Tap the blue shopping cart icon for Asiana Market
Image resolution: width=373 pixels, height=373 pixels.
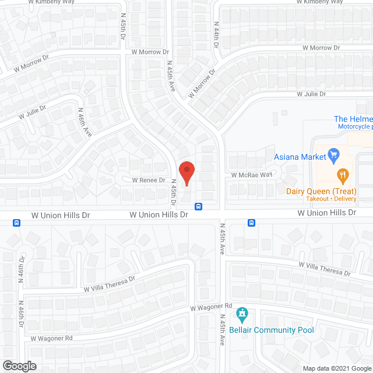click(334, 155)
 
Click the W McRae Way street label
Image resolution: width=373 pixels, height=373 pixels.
click(252, 175)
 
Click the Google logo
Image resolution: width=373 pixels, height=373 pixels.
click(19, 366)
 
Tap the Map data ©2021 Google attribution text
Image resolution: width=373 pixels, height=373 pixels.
click(337, 368)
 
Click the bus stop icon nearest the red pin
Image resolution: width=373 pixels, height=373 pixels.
click(199, 206)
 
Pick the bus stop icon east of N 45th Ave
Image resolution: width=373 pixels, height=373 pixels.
click(252, 223)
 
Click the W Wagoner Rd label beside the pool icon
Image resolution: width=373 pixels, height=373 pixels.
click(211, 307)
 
